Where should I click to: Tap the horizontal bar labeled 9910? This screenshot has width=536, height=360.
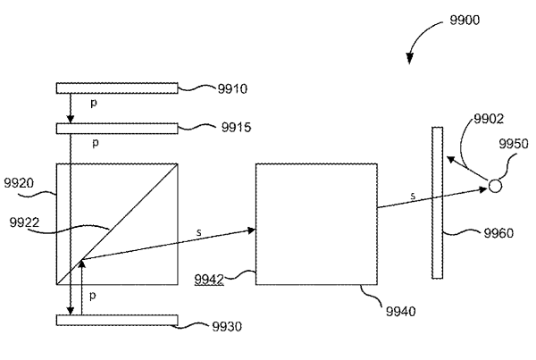coord(117,88)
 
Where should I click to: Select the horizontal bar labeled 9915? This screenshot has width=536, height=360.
coord(117,128)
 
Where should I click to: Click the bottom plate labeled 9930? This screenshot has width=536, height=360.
coord(117,320)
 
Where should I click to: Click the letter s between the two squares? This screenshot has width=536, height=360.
coord(197,231)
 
